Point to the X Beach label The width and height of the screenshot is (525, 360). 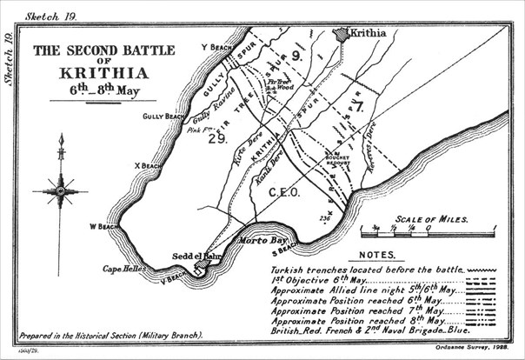[x=149, y=166]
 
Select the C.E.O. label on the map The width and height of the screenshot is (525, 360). [x=284, y=191]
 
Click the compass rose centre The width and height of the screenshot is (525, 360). [x=61, y=188]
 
